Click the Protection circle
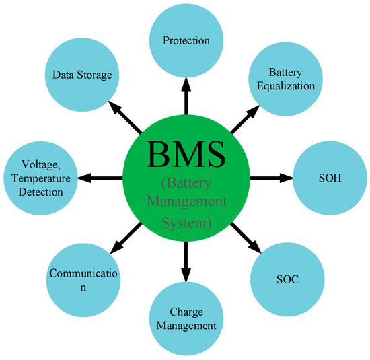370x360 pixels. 186,40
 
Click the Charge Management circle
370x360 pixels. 184,320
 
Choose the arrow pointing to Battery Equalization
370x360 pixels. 244,119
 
